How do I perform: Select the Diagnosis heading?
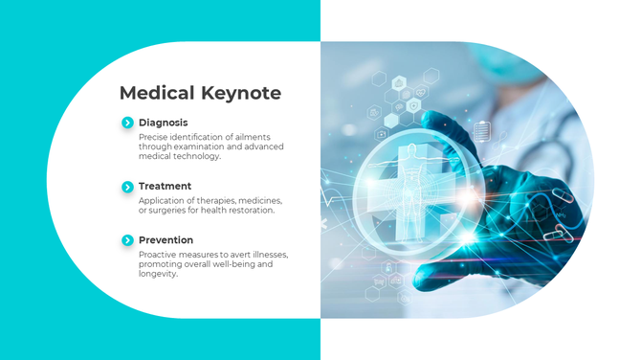tap(163, 123)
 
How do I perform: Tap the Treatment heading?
tap(165, 186)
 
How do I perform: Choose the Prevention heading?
tap(166, 239)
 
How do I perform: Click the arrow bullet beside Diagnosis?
tap(127, 123)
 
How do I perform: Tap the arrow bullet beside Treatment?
tap(127, 186)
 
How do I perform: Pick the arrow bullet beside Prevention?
tap(127, 239)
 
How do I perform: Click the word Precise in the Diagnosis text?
tap(152, 137)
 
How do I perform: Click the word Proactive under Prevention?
tap(157, 255)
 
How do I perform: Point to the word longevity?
tap(157, 274)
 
